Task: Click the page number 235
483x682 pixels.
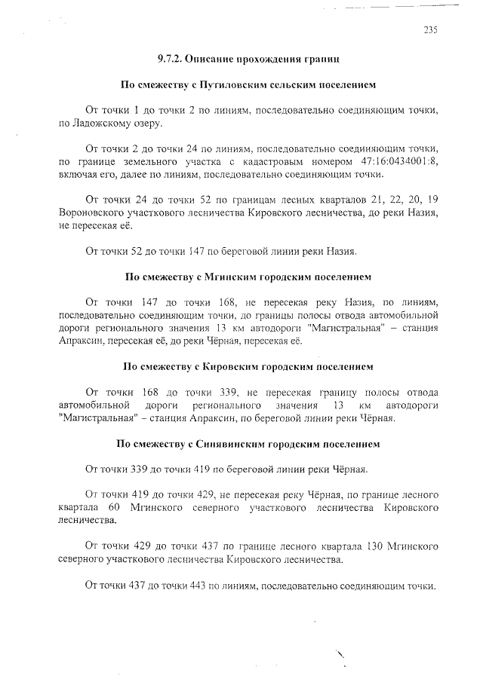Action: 430,30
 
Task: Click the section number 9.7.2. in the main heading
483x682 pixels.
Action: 171,57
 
